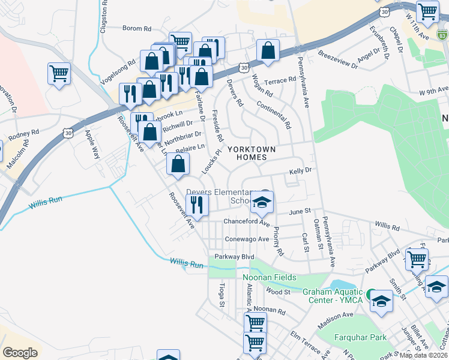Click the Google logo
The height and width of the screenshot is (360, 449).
click(20, 353)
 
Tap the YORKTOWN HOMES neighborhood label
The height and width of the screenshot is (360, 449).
click(252, 154)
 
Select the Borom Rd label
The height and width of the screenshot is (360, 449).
click(137, 28)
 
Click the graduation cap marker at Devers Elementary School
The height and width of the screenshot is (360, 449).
click(262, 203)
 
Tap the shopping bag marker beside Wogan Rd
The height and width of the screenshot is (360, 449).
click(268, 51)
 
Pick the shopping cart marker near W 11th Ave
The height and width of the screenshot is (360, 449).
click(427, 11)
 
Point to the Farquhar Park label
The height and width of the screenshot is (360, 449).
click(360, 337)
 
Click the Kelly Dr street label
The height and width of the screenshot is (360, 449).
click(301, 171)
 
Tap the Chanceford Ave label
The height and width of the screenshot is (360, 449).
click(246, 222)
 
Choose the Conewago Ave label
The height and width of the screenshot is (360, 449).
click(246, 239)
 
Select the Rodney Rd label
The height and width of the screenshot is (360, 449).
click(23, 133)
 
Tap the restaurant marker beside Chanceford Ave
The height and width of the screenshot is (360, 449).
click(197, 205)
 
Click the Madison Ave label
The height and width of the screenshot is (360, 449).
click(336, 314)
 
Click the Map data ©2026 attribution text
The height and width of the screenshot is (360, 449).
click(424, 355)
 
